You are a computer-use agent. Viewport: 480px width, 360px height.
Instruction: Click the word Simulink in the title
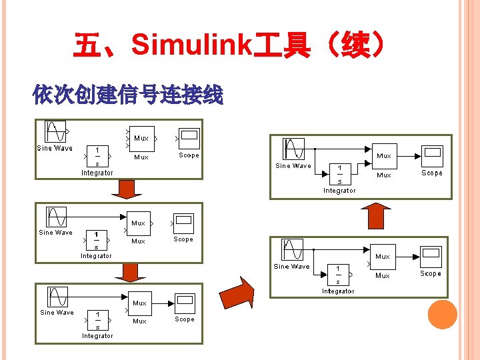point(191,46)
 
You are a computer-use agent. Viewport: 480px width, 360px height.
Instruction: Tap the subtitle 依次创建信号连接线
point(127,96)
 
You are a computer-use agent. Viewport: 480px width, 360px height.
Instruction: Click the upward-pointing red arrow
point(375,216)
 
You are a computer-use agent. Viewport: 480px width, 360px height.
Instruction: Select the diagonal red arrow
point(238,293)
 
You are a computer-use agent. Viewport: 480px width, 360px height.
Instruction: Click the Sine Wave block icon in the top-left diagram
point(55,131)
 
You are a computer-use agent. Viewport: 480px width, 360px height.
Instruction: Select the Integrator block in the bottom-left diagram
point(97,320)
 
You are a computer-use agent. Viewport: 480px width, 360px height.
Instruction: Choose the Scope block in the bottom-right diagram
point(430,257)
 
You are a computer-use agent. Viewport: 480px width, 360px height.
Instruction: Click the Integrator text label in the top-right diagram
point(339,191)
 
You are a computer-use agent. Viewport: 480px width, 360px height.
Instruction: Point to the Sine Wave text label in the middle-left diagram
point(55,233)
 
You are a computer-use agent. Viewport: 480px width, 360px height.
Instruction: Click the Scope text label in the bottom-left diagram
point(185,319)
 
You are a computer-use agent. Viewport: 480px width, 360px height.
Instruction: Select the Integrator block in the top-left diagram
point(98,156)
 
